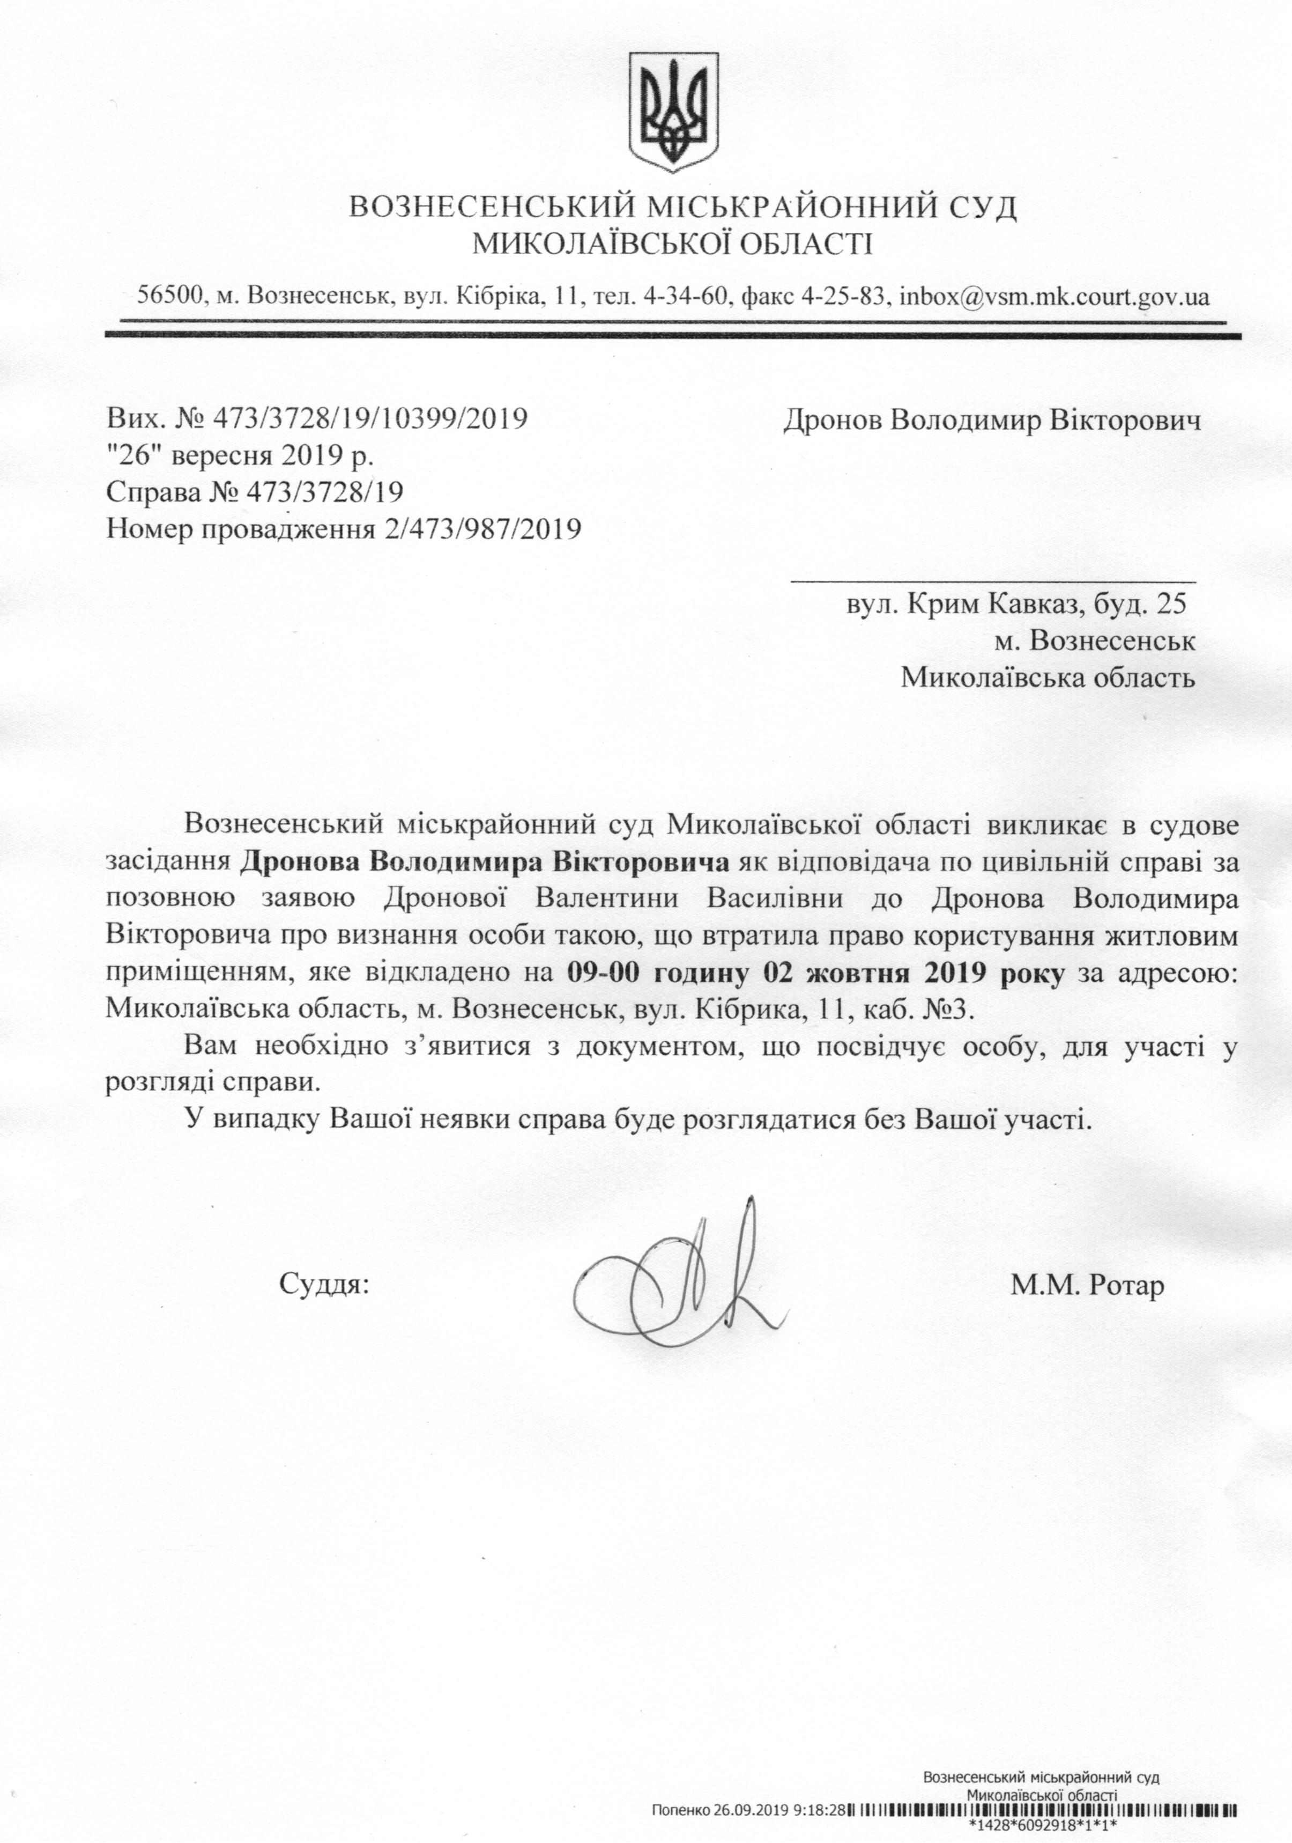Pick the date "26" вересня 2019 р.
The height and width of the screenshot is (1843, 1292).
click(241, 455)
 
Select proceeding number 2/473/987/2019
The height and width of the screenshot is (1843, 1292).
click(481, 528)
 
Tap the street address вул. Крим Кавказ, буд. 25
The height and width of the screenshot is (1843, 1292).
click(1016, 603)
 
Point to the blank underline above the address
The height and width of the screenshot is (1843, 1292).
click(993, 578)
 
